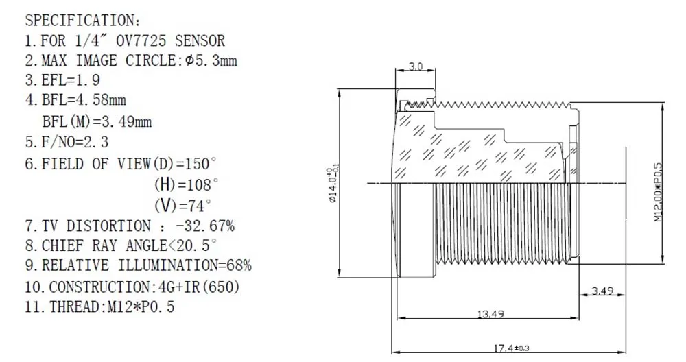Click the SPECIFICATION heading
coord(83,20)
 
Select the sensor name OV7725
coord(141,40)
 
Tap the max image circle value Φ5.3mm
coord(211,60)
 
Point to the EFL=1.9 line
coord(62,80)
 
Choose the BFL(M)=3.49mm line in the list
coord(97,121)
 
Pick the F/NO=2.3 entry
coord(67,142)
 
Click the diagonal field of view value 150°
coord(201,163)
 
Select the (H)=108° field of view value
coord(186,184)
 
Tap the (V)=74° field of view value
coord(183,205)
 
